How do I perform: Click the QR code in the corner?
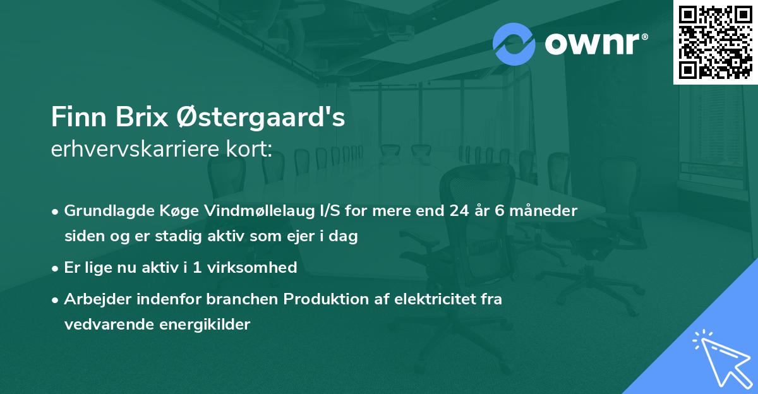click(x=716, y=42)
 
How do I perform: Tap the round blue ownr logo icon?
click(x=514, y=44)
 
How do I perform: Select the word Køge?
click(x=162, y=212)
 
